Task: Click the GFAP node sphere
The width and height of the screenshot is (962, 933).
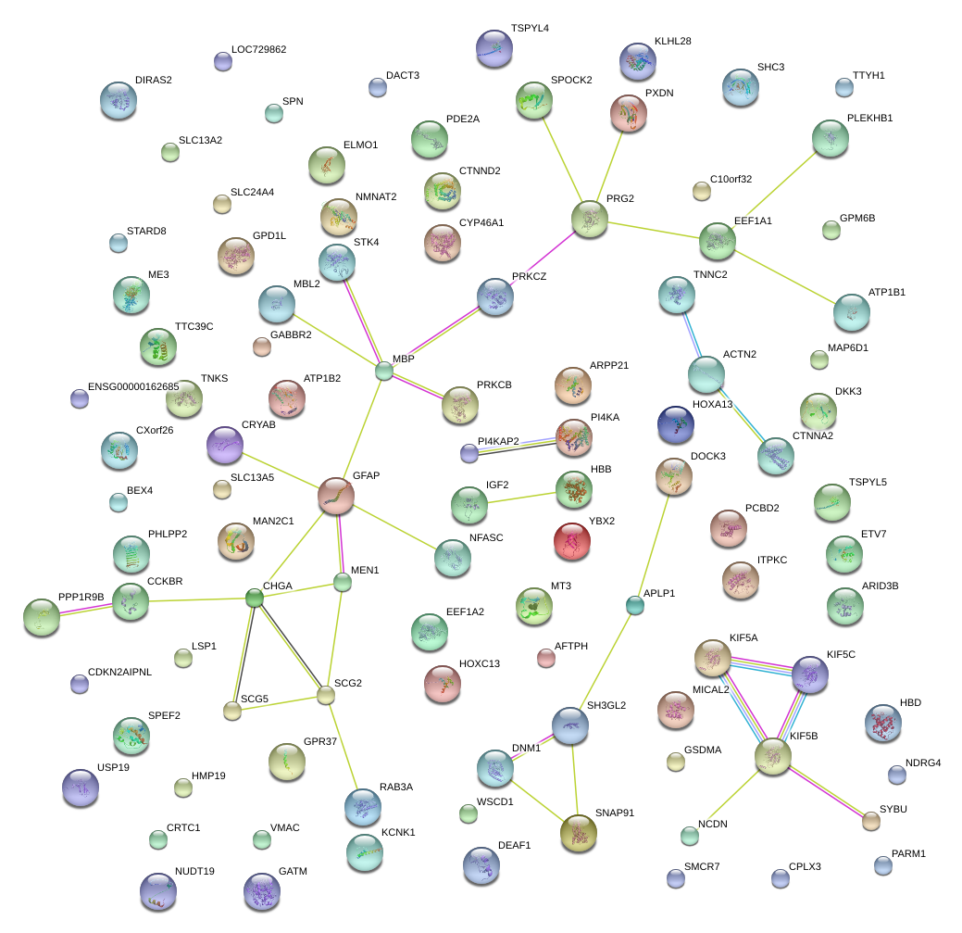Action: [335, 496]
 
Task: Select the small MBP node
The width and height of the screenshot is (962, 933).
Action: [384, 372]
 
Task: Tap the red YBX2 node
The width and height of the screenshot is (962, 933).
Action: [571, 541]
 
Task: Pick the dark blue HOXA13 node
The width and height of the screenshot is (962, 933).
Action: [675, 423]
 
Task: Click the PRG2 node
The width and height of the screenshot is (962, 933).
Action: [589, 219]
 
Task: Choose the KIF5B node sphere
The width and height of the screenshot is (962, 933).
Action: [773, 756]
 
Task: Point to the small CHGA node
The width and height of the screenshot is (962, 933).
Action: [255, 598]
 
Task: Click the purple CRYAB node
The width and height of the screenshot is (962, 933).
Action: [225, 445]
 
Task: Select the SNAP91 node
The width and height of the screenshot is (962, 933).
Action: [579, 833]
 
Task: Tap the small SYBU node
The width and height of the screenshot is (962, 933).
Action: [870, 820]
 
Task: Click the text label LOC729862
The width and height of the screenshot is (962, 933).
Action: [258, 49]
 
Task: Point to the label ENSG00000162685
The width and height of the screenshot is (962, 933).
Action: [133, 386]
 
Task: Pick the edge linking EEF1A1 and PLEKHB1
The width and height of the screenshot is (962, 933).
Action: [774, 189]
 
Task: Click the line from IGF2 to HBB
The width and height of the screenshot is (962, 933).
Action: [522, 498]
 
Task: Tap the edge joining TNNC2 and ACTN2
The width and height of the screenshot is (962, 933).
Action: [691, 334]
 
